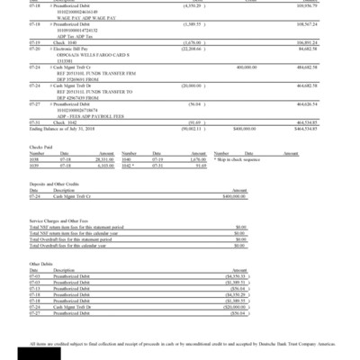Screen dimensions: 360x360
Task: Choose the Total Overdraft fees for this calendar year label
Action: tap(76, 245)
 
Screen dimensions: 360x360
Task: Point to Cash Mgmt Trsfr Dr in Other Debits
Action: tap(72, 307)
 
